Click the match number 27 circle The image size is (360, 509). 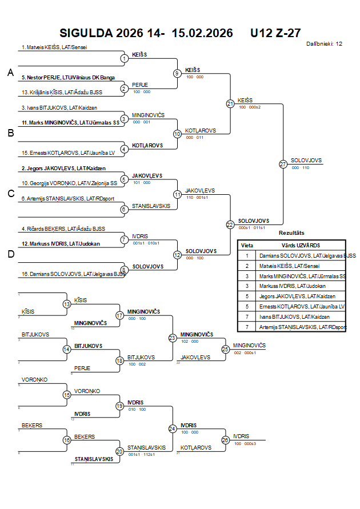[x=283, y=165]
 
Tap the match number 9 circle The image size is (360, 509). [x=177, y=73]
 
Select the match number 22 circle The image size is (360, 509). [x=230, y=225]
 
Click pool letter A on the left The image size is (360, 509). [x=10, y=73]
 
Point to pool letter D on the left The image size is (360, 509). [x=10, y=255]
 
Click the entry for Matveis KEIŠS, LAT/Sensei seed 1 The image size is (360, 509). [x=54, y=47]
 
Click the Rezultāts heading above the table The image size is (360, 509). [x=291, y=233]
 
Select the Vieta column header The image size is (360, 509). [x=247, y=245]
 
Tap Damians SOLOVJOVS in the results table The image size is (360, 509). [x=307, y=255]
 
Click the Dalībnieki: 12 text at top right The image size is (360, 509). [x=324, y=43]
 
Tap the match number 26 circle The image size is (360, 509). [x=225, y=440]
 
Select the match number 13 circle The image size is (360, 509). [x=67, y=304]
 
